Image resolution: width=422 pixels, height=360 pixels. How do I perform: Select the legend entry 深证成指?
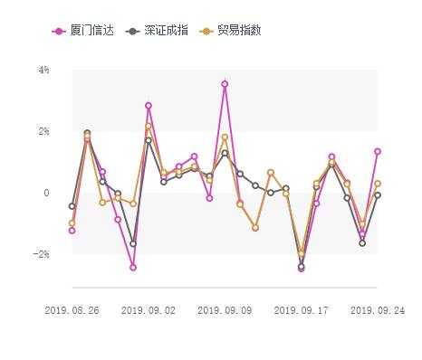point(163,31)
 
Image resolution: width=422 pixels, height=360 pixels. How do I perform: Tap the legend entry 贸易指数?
point(239,31)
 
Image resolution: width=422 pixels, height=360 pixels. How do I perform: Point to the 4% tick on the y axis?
point(43,70)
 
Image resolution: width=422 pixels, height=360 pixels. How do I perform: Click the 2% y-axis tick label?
point(43,131)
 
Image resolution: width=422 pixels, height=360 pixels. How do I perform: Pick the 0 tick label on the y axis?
point(46,193)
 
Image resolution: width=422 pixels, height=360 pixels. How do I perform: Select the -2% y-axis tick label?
point(42,254)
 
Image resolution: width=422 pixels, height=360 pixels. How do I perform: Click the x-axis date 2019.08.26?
point(72,309)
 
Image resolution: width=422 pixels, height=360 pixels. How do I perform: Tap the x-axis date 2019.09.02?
point(148,309)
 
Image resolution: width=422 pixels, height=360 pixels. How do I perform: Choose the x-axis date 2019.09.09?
point(225,309)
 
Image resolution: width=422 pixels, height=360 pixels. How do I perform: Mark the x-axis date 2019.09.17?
point(302,309)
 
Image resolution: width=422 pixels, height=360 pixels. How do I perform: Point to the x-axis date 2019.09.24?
point(377,309)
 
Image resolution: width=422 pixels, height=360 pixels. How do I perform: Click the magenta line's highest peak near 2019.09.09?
point(225,84)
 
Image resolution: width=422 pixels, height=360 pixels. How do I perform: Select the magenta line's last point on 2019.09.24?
point(378,151)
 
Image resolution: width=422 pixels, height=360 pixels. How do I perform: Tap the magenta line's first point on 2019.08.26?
point(72,231)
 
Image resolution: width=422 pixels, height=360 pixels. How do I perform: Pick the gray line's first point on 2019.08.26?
point(72,206)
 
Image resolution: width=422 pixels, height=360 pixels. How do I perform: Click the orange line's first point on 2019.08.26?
point(72,223)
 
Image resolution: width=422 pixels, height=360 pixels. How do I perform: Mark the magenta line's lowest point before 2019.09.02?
point(133,268)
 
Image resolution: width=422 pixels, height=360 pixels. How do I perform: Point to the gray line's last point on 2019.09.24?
point(378,195)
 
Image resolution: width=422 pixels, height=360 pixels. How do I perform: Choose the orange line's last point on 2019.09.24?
point(378,184)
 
